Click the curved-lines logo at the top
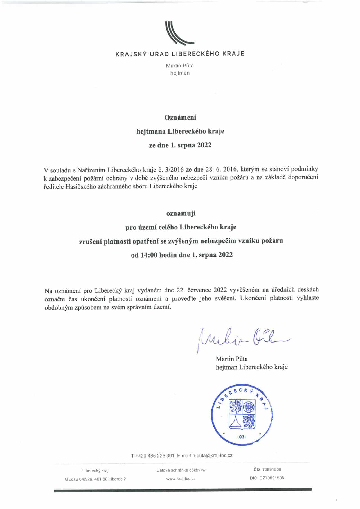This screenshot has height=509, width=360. (179, 33)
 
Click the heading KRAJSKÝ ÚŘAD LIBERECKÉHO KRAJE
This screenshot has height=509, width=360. (180, 54)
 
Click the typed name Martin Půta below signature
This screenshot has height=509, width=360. (231, 359)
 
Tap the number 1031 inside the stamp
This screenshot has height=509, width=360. (242, 437)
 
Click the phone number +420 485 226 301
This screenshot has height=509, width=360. (155, 456)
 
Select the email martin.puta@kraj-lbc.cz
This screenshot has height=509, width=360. (207, 456)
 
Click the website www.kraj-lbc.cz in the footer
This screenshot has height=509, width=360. (181, 478)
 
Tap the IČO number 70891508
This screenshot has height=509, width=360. (272, 470)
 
